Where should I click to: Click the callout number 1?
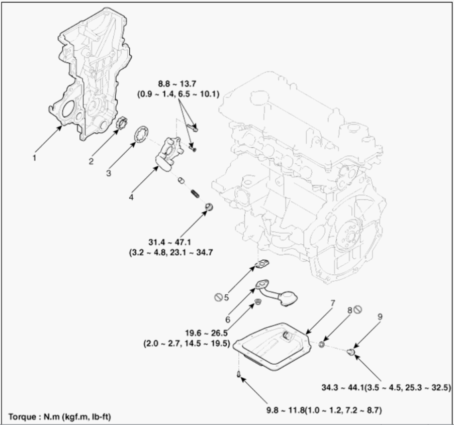[x=34, y=157]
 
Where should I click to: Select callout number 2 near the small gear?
[x=91, y=161]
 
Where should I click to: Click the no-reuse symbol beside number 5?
[x=218, y=297]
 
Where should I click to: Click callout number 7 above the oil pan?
[x=332, y=304]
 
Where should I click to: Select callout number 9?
[x=380, y=316]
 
